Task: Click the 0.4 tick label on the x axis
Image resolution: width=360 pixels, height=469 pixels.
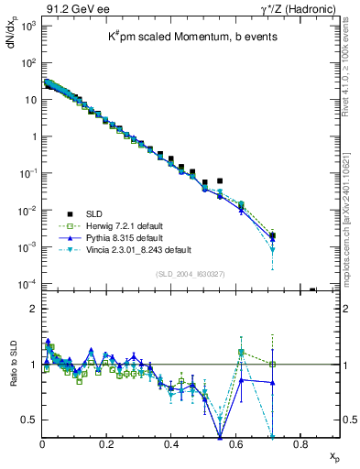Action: tap(171, 444)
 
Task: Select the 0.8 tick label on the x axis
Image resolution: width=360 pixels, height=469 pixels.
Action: tap(300, 444)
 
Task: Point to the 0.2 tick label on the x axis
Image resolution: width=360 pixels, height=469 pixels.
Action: tap(107, 444)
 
